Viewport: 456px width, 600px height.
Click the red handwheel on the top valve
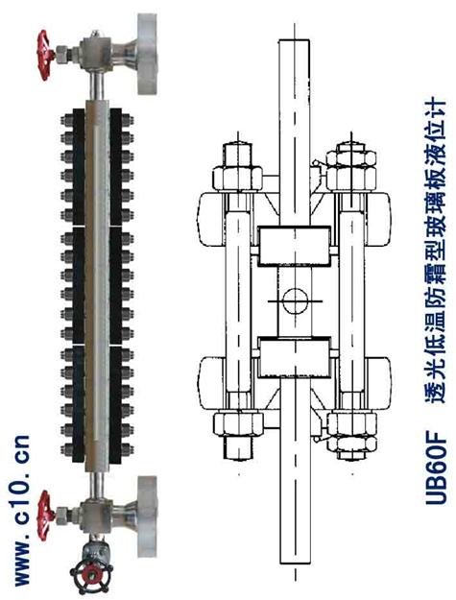click(45, 56)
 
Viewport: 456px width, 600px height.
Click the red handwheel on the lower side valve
click(45, 516)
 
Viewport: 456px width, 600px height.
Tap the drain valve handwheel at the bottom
click(91, 574)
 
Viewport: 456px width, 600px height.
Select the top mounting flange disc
click(147, 54)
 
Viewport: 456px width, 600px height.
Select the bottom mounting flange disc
click(147, 516)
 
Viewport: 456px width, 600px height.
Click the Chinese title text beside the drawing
click(436, 251)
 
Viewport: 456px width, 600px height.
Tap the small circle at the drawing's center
click(296, 301)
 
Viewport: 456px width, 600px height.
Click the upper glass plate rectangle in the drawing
click(294, 246)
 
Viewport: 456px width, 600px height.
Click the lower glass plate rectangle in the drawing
click(294, 357)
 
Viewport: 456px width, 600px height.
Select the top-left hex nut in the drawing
click(238, 179)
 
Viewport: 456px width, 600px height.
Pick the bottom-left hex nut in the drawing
click(238, 424)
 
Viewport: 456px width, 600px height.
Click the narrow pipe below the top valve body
click(96, 84)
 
